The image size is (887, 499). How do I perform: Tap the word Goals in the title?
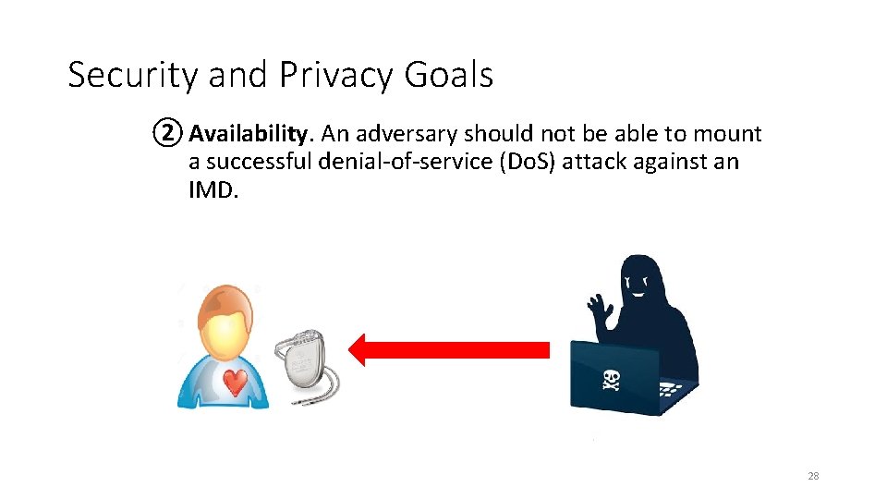(449, 74)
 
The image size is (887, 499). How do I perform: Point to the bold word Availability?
(251, 135)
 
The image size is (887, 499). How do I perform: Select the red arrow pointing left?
(448, 348)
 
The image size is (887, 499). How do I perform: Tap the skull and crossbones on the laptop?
(610, 378)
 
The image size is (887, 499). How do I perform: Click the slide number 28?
(813, 476)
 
